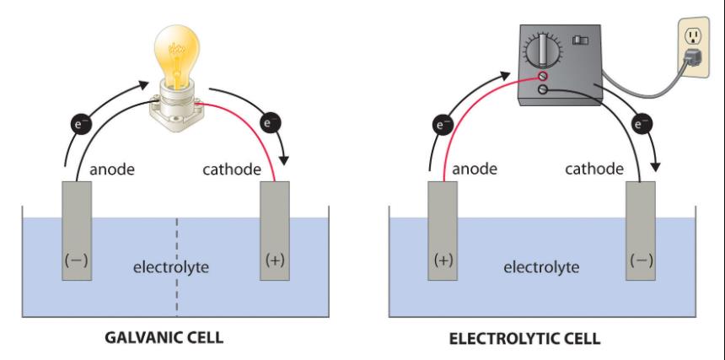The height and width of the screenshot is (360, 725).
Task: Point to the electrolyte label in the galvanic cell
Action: [171, 268]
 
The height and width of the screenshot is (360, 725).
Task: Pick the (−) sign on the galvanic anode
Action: [76, 261]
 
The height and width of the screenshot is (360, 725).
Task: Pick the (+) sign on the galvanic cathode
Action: [274, 261]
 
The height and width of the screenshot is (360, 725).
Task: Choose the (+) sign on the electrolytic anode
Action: [443, 261]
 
